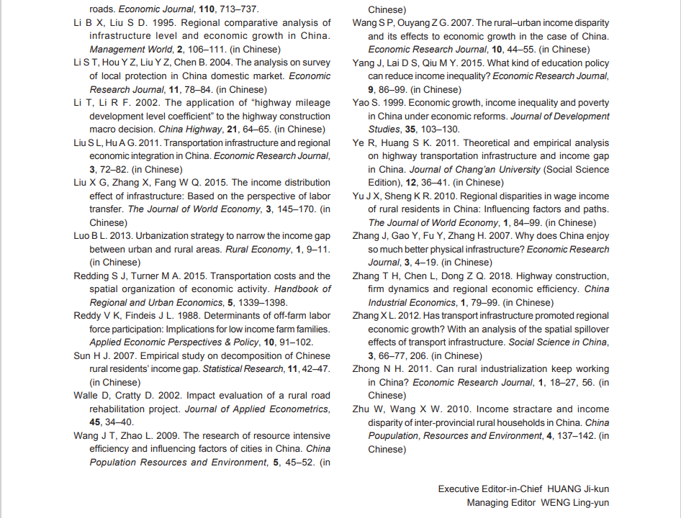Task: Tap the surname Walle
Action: [87, 396]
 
